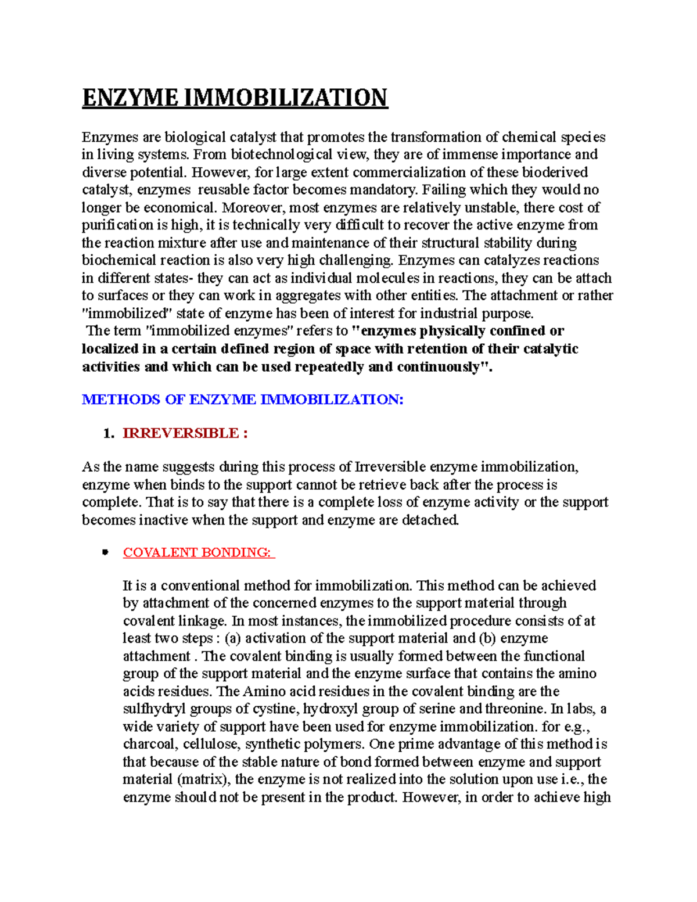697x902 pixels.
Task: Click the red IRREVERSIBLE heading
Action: click(x=181, y=433)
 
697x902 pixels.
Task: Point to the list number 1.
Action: click(x=107, y=433)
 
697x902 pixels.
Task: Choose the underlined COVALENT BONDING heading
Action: click(x=197, y=552)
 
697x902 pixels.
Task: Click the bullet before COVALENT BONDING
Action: click(x=105, y=552)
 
